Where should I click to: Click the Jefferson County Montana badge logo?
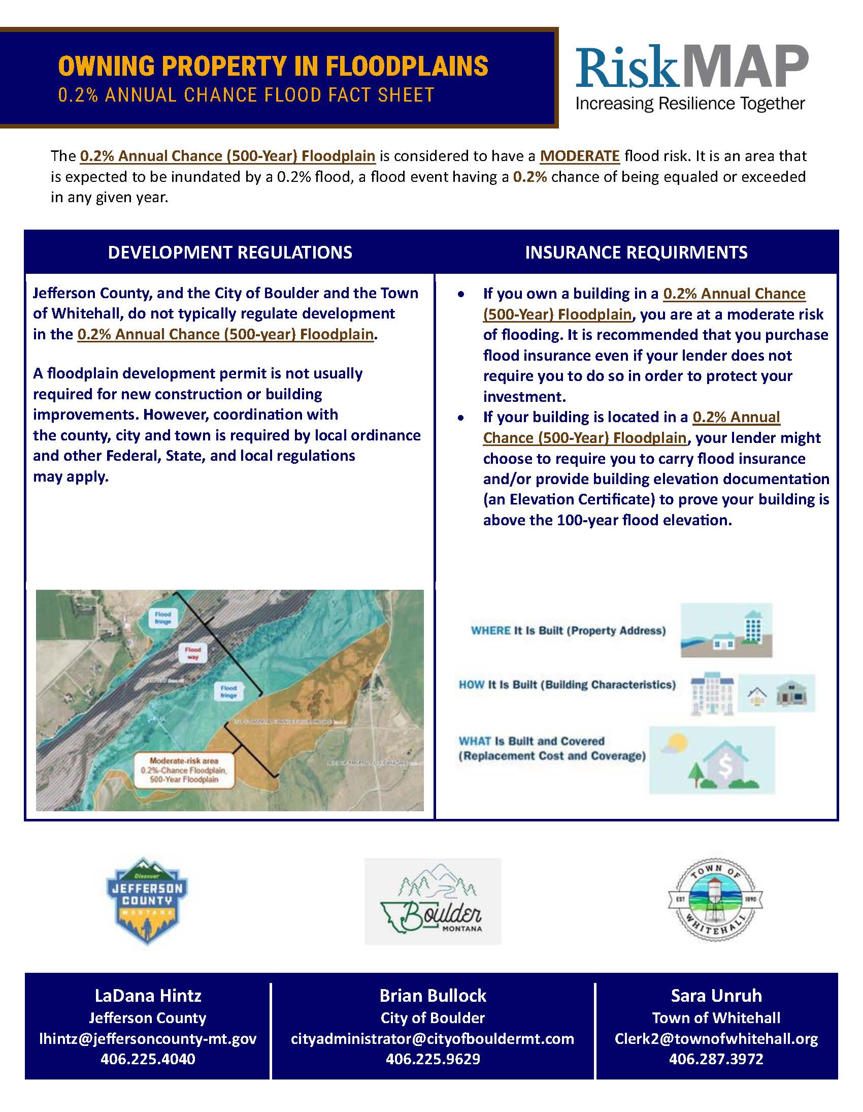tap(147, 900)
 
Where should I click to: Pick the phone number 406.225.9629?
tap(433, 1059)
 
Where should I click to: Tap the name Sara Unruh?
tap(716, 995)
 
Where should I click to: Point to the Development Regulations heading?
tap(230, 252)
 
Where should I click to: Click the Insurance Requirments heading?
tap(636, 252)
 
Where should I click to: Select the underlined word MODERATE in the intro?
tap(580, 156)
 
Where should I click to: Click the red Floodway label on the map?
tap(192, 653)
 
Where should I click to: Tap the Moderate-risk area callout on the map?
tap(184, 770)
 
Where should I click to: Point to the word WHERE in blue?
tap(490, 630)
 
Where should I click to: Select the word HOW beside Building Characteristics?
tap(471, 685)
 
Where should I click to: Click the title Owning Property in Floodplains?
tap(273, 66)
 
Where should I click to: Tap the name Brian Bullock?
tap(433, 995)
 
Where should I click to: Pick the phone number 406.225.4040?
tap(148, 1059)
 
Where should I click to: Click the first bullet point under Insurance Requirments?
tap(461, 295)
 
